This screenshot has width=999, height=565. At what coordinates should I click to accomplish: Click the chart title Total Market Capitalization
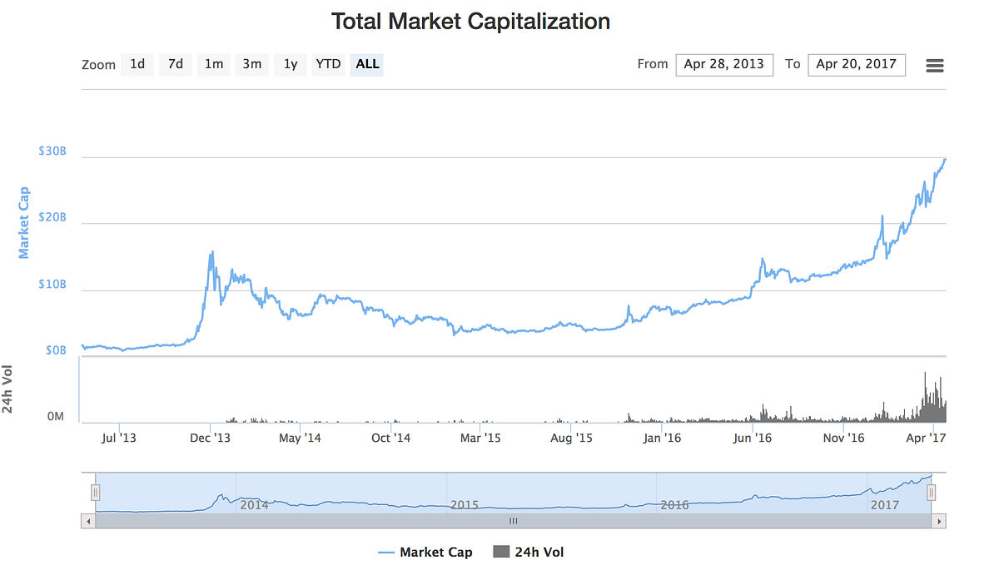click(470, 22)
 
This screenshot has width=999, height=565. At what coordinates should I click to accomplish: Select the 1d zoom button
click(137, 64)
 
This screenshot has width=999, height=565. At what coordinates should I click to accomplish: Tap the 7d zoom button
click(176, 64)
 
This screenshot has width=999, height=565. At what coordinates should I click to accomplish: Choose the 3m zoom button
click(252, 64)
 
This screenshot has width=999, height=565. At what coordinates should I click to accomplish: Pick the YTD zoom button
click(328, 64)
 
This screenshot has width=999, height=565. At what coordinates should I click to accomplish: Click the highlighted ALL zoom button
click(367, 64)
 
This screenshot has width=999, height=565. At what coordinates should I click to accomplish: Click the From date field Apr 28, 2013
click(724, 64)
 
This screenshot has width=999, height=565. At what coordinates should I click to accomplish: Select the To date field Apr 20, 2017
click(857, 64)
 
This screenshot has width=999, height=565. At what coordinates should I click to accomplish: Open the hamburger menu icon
click(935, 65)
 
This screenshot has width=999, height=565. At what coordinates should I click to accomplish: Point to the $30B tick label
click(52, 151)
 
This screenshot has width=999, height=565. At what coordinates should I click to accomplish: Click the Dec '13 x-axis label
click(210, 437)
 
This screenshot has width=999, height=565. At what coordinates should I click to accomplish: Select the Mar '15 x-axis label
click(480, 437)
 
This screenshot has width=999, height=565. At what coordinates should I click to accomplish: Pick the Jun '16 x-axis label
click(753, 437)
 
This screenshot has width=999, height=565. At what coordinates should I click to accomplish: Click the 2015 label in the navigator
click(465, 504)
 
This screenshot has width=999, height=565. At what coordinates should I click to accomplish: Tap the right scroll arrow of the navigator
click(939, 521)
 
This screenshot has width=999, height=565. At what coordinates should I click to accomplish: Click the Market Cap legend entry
click(425, 552)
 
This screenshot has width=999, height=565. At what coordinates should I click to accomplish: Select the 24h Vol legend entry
click(529, 552)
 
